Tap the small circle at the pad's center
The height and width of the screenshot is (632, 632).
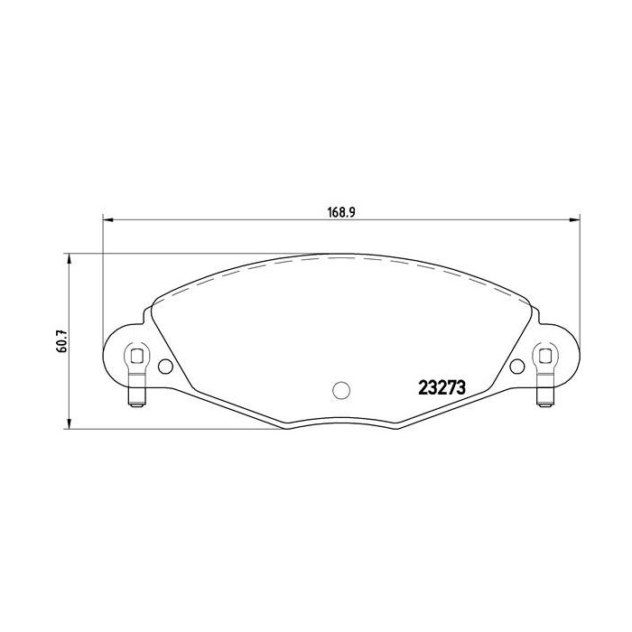pos(340,389)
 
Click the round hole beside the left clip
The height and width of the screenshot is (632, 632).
pos(165,366)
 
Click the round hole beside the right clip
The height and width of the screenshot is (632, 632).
pos(516,366)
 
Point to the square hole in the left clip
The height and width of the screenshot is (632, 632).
pos(136,355)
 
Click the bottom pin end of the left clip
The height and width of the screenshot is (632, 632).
pos(136,403)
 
